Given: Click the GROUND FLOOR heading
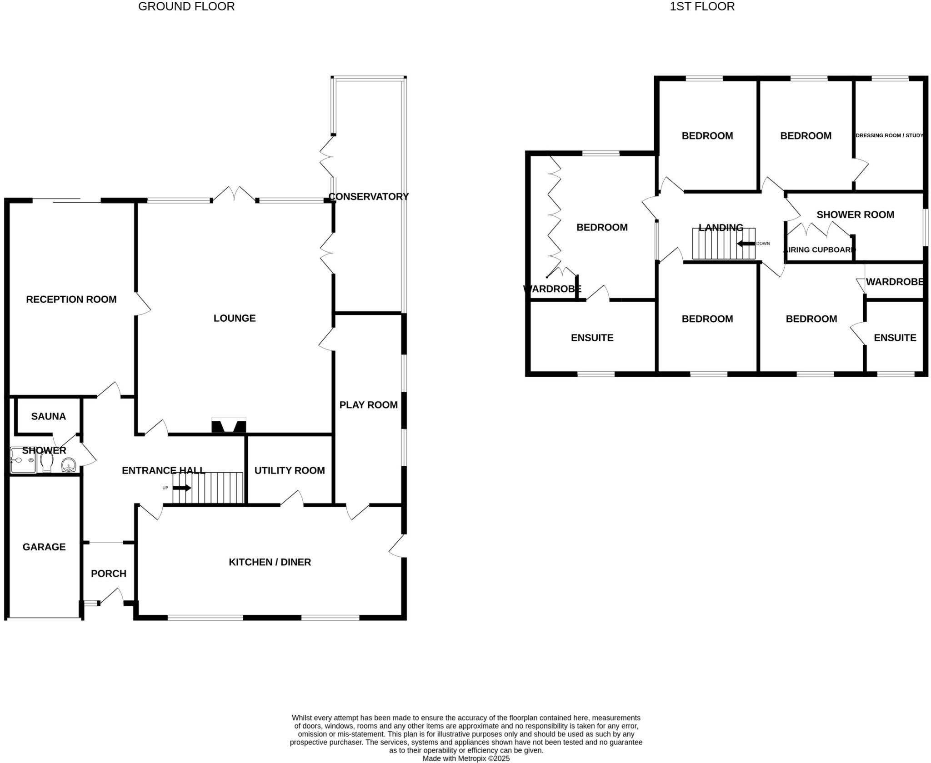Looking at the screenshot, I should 186,6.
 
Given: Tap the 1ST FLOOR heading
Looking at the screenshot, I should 702,6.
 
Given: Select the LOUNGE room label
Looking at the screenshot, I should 235,318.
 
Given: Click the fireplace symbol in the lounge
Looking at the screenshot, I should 229,426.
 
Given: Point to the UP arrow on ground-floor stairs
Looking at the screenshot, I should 182,488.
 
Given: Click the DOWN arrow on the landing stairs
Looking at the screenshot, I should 746,244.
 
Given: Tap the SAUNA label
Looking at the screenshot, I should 49,416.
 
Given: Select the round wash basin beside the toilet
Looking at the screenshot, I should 68,465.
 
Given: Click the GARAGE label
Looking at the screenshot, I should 44,547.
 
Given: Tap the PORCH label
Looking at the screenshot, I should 109,573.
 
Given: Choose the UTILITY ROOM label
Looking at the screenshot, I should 290,470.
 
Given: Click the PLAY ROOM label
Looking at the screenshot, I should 368,405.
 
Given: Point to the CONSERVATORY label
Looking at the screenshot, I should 368,196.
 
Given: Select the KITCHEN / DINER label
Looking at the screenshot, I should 270,562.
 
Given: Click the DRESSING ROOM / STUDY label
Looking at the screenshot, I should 889,135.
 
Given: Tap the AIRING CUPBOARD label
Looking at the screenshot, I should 819,249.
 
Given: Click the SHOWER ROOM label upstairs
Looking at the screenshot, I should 855,214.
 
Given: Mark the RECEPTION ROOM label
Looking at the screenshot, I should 71,299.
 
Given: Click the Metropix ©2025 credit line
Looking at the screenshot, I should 466,758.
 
